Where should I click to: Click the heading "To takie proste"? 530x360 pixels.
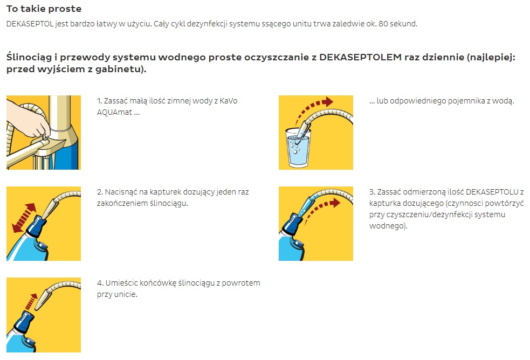click(x=44, y=9)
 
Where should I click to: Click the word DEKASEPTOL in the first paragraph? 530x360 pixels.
click(x=30, y=24)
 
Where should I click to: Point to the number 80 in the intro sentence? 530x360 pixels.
click(x=383, y=24)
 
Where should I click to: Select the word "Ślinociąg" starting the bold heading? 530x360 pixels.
click(x=30, y=58)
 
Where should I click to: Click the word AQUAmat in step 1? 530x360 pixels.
click(x=115, y=112)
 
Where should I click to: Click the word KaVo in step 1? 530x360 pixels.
click(x=229, y=101)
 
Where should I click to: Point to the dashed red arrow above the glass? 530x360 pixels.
click(x=311, y=108)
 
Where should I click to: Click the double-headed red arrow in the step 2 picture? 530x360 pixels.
click(x=24, y=218)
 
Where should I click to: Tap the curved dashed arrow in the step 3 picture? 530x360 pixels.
click(x=319, y=208)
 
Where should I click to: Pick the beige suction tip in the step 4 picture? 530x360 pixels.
click(x=43, y=297)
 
